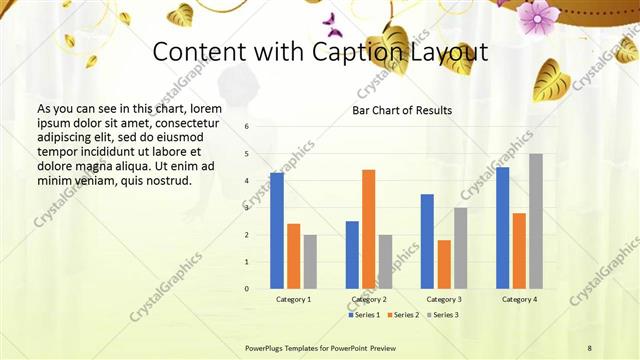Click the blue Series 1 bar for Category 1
(277, 231)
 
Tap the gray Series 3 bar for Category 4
(536, 221)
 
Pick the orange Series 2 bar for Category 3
(444, 264)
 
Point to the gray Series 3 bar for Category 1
(310, 262)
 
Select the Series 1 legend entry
(364, 315)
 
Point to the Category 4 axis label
(519, 299)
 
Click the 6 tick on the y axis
(246, 127)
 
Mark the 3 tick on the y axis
(246, 208)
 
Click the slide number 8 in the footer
(589, 347)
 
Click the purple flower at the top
(537, 15)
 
